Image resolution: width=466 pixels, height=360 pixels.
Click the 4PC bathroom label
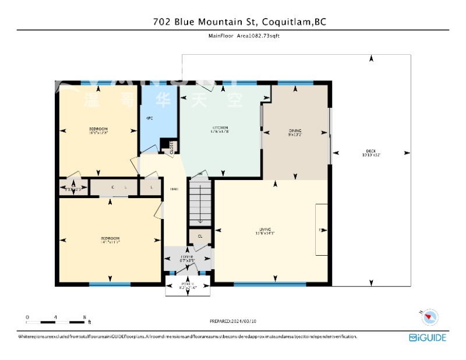[149, 118]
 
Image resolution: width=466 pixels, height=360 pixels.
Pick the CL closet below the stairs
[200, 236]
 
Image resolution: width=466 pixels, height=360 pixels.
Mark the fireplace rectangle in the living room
[321, 230]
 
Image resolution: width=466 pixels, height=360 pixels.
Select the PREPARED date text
[233, 321]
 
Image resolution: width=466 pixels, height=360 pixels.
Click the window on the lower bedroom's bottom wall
[110, 284]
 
